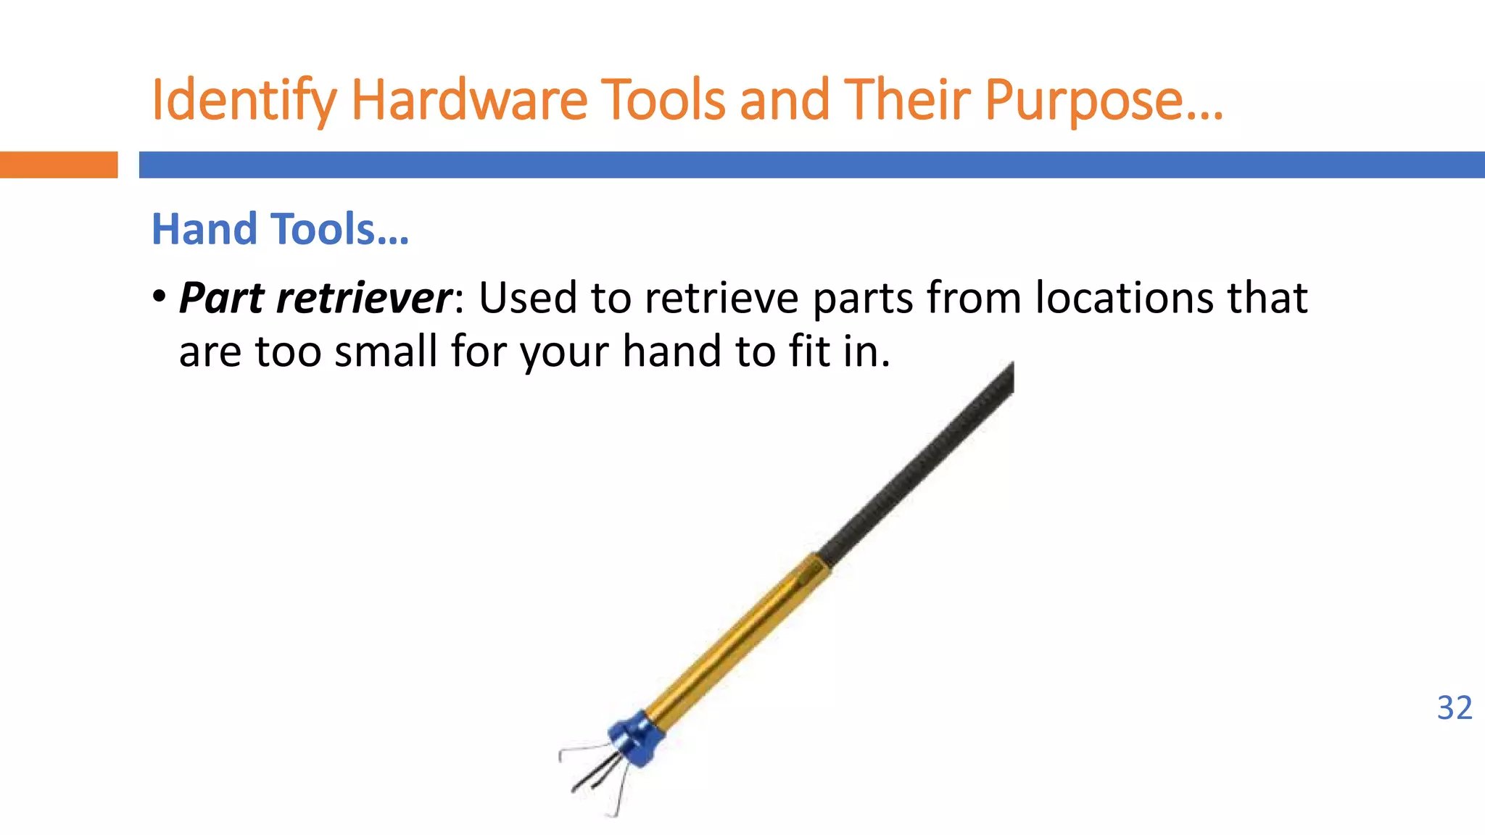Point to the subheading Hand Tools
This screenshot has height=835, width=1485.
tap(280, 229)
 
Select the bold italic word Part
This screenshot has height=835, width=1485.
tap(221, 298)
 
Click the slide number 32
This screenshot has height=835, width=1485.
tap(1455, 708)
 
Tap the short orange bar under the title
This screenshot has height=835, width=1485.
tap(58, 165)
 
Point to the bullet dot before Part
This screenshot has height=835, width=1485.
tap(160, 296)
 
